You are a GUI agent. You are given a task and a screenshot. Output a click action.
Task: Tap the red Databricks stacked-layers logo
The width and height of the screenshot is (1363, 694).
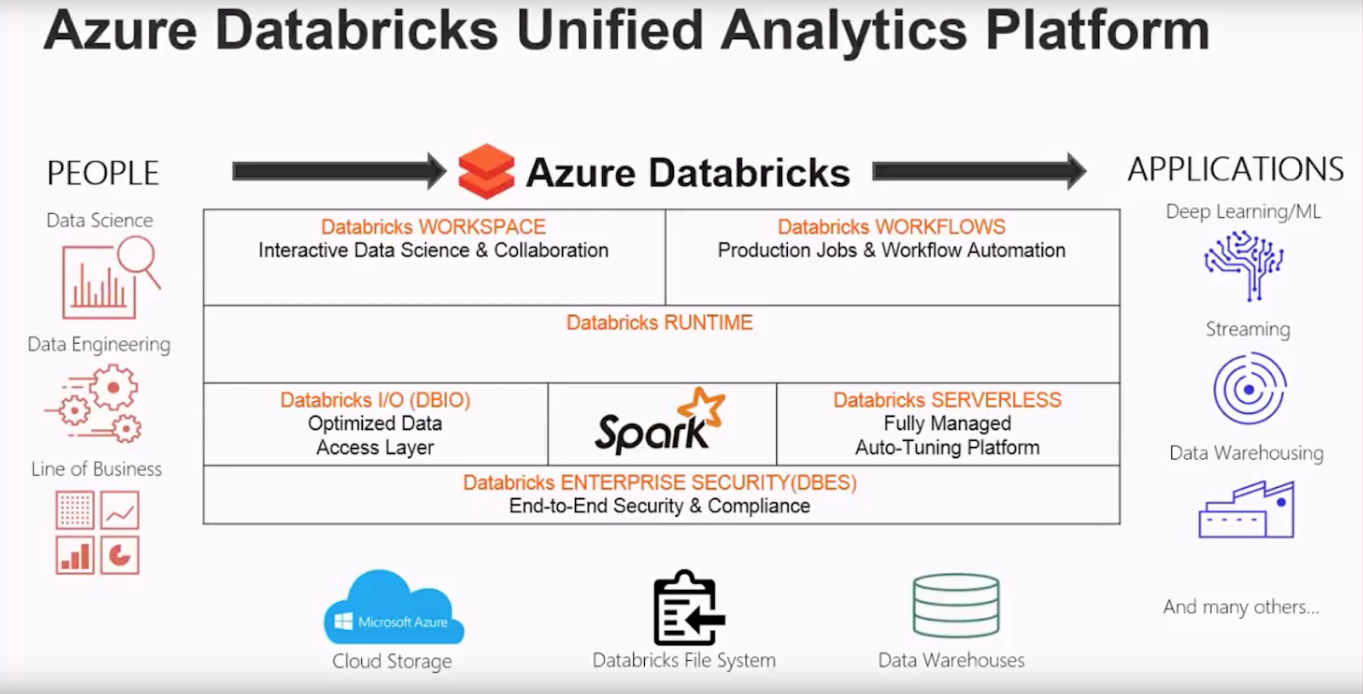pos(486,171)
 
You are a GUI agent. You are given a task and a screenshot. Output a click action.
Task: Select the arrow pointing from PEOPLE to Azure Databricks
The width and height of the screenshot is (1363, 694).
pos(339,171)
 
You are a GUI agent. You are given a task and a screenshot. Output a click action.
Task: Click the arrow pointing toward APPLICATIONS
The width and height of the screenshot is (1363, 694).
pos(979,171)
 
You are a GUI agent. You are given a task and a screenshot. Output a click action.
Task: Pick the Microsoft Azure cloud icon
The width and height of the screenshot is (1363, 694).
pos(394,609)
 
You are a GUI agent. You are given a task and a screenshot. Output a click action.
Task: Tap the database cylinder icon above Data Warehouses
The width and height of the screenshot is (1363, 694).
pos(955,605)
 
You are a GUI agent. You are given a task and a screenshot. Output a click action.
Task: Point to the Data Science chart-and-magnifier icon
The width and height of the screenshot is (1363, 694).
pos(109,277)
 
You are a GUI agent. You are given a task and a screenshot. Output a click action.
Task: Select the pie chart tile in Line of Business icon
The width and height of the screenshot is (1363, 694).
pos(120,556)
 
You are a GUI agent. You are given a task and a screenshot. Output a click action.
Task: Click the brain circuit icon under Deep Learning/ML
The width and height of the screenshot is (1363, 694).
pos(1245,264)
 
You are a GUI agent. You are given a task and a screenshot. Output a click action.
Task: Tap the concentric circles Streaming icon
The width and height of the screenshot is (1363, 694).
pos(1249,389)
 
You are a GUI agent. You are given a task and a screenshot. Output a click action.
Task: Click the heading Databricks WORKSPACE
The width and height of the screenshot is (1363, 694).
pos(433,227)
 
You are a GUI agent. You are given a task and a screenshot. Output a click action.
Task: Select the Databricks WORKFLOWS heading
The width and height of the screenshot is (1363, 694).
pos(891,227)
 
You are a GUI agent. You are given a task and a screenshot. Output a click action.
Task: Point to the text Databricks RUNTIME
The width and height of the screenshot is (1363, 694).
pos(659,323)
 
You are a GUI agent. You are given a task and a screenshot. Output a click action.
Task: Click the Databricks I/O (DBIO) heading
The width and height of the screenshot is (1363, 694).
pos(375,400)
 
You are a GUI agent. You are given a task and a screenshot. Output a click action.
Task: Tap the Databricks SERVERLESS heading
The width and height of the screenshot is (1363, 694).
pos(947,400)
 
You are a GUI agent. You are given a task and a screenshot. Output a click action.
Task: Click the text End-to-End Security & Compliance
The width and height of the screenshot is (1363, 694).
pos(659,506)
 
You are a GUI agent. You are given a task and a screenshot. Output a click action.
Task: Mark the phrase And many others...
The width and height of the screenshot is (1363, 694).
pos(1240,607)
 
